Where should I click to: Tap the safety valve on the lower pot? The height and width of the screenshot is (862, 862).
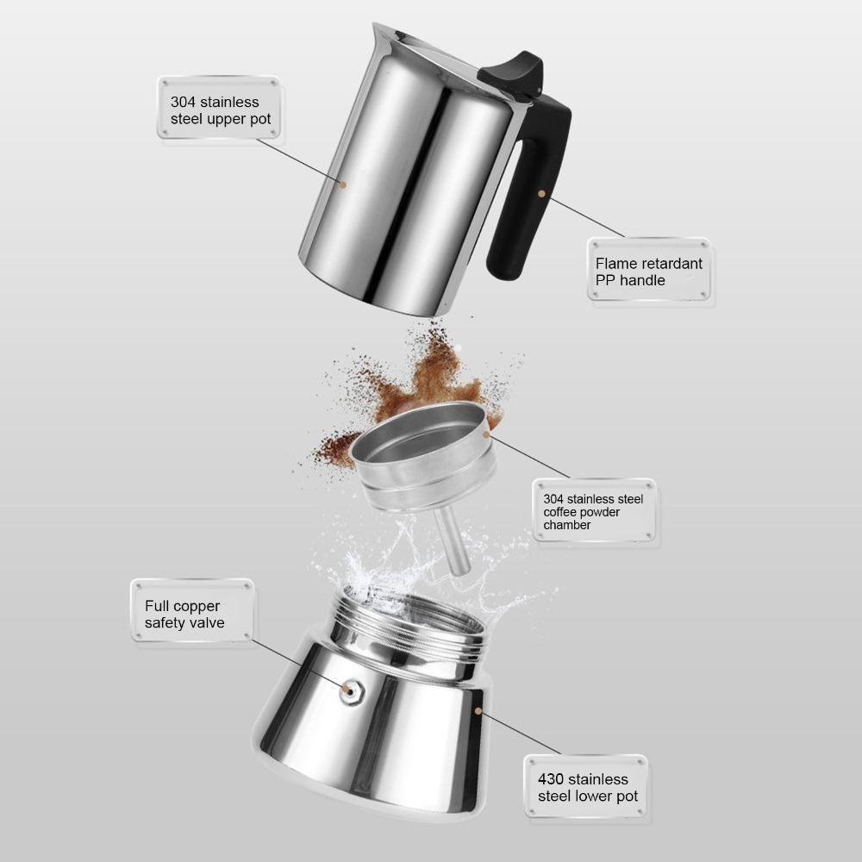pyautogui.click(x=350, y=690)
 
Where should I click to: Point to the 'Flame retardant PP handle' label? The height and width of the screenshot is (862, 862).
pyautogui.click(x=649, y=271)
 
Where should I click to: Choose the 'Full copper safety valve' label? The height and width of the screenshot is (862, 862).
pyautogui.click(x=191, y=612)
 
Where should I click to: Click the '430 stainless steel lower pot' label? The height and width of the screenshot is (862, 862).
pyautogui.click(x=586, y=786)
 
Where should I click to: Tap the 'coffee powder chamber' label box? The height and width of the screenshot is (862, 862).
pyautogui.click(x=594, y=511)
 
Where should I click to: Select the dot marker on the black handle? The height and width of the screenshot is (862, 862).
pyautogui.click(x=541, y=193)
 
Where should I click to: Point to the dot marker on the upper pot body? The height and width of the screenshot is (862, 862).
pyautogui.click(x=342, y=184)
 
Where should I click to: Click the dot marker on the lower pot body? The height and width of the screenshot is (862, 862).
pyautogui.click(x=478, y=712)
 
